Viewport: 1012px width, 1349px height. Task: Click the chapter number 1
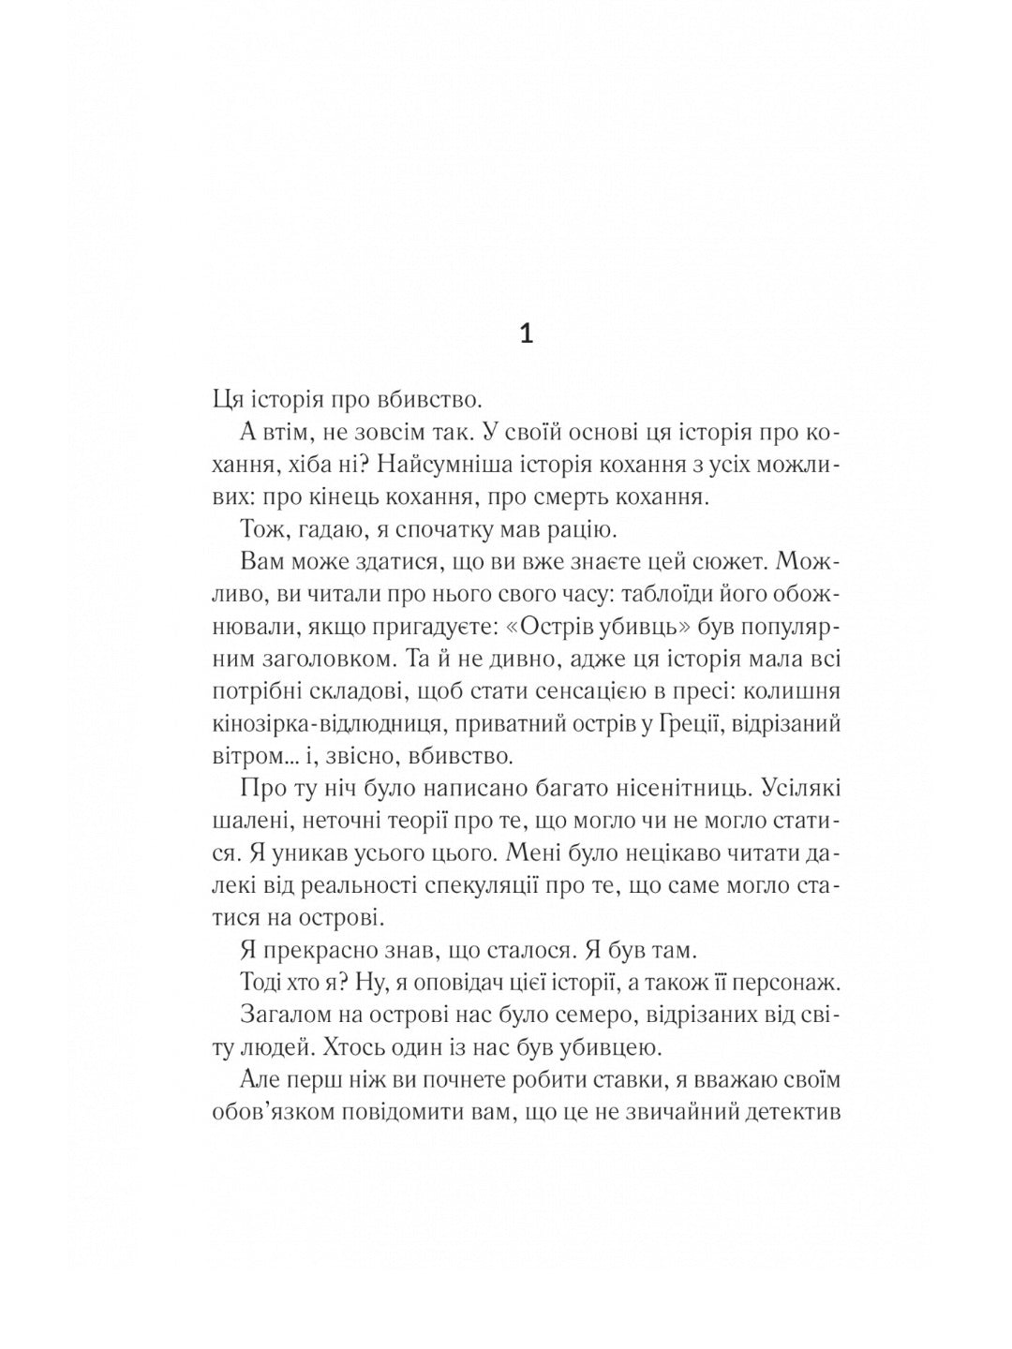pyautogui.click(x=526, y=334)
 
